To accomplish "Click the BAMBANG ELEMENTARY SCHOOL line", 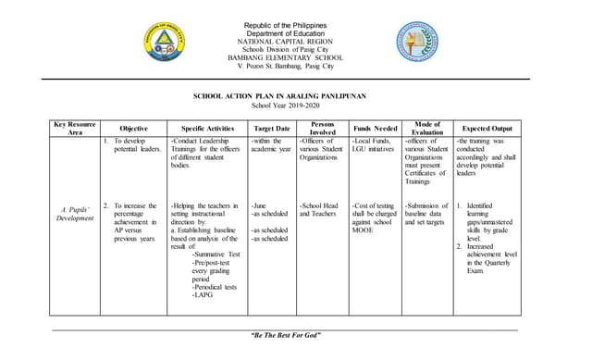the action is point(292,57).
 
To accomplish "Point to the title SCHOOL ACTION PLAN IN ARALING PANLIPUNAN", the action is point(293,96).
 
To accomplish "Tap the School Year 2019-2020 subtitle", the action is point(293,106).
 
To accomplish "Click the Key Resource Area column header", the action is point(74,128).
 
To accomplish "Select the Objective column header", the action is point(133,129).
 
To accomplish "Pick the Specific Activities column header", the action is point(206,129).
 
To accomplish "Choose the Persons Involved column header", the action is point(323,128).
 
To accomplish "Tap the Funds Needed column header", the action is point(376,129).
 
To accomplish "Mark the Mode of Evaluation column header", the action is point(427,128).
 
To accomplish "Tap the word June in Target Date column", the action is point(260,205).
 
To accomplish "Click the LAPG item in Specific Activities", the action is point(203,295).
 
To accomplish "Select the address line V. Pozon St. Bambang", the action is point(292,68).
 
